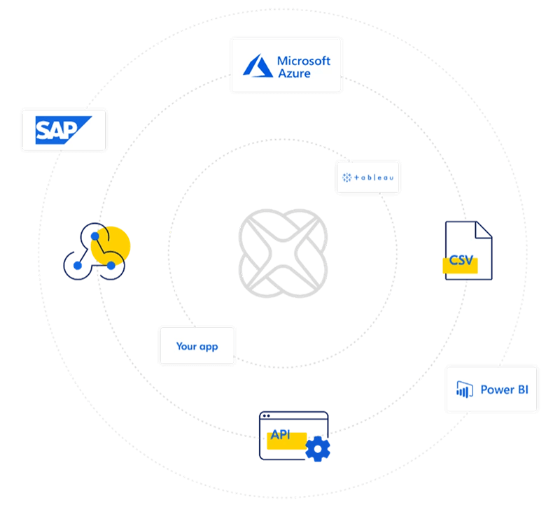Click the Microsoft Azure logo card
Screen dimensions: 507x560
click(286, 66)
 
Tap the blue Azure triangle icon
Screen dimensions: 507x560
click(258, 66)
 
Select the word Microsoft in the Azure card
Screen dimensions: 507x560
click(303, 61)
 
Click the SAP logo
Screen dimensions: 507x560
click(63, 130)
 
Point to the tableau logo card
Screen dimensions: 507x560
click(367, 178)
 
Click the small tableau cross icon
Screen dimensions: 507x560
click(346, 178)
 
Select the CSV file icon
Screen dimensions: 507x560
click(468, 250)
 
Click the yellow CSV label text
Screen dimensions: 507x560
click(461, 261)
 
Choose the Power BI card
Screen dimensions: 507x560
click(492, 389)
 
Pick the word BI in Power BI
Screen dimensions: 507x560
click(522, 390)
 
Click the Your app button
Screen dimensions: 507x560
click(197, 346)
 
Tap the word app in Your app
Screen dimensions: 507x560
click(209, 347)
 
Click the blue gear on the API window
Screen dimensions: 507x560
click(318, 448)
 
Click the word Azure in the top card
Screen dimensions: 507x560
click(294, 73)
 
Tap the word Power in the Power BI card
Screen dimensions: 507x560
click(497, 390)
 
